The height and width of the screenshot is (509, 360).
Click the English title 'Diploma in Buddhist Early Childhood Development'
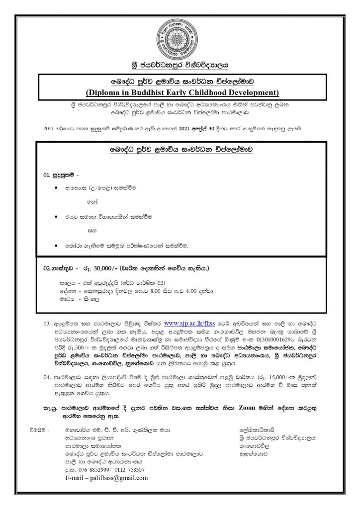[180, 92]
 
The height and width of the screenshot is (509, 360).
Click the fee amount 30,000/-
[101, 268]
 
